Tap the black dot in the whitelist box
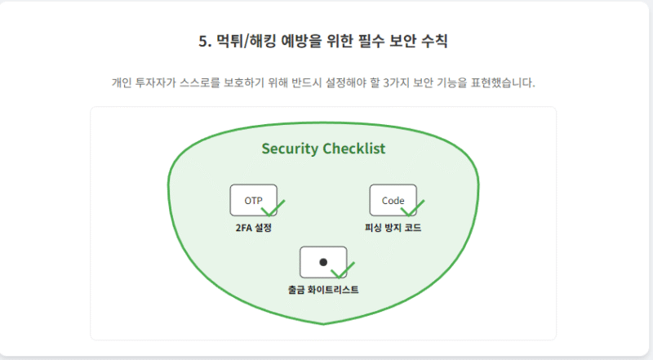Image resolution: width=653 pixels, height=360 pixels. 323,262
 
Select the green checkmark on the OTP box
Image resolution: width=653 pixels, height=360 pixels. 273,207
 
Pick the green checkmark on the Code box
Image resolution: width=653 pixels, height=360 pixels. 413,207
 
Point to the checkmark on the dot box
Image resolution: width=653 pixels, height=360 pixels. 343,269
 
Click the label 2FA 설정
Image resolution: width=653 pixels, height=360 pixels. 252,228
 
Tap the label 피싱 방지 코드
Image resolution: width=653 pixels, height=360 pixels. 393,228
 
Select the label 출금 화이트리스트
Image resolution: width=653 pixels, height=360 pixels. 323,290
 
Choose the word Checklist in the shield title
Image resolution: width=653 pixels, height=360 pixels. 354,149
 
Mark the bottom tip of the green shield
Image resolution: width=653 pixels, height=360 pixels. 324,323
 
